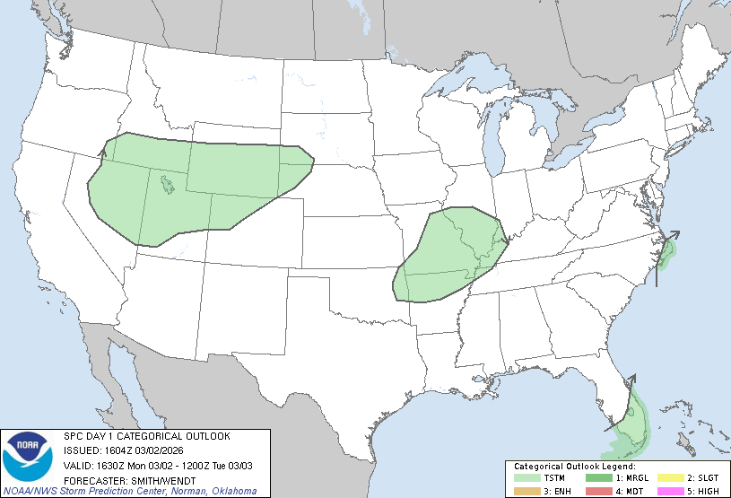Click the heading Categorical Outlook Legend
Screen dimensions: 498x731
pos(574,467)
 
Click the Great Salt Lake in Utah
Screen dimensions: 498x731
pos(167,186)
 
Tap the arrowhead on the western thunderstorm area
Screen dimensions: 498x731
pos(101,153)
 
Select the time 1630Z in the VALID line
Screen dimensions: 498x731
pos(106,465)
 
